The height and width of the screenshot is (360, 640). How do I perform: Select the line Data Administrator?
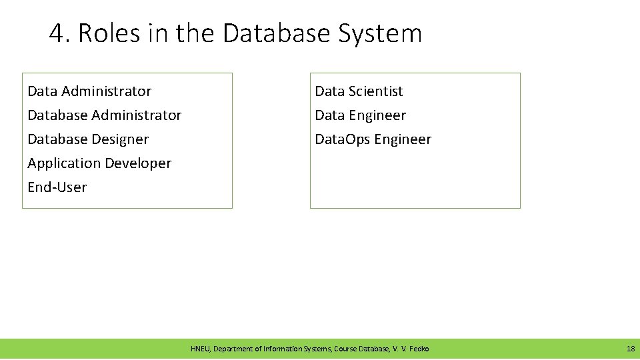click(89, 91)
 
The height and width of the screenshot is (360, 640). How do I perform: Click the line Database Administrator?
click(104, 115)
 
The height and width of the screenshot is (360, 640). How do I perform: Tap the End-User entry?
click(57, 187)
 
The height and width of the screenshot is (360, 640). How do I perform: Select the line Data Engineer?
click(360, 115)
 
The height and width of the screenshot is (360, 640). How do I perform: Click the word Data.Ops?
click(343, 139)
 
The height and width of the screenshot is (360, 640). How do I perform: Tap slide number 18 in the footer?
click(630, 349)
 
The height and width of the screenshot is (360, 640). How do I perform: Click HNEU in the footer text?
click(199, 349)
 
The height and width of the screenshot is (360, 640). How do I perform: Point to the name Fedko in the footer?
click(420, 349)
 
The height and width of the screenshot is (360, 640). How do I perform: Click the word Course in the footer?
click(345, 349)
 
